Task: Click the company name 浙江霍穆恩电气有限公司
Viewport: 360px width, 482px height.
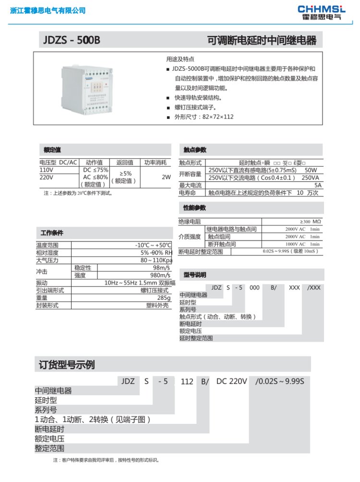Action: tap(48, 11)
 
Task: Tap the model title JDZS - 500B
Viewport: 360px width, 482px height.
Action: tap(70, 40)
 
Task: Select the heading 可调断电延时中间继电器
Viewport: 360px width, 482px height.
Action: tap(262, 40)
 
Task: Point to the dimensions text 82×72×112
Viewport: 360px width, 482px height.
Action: tap(217, 117)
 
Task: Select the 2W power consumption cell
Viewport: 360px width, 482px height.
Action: tap(166, 177)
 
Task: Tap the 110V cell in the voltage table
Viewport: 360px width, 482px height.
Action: tap(46, 170)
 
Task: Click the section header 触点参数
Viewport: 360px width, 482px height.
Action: tap(194, 149)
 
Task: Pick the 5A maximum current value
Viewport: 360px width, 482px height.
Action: tap(317, 185)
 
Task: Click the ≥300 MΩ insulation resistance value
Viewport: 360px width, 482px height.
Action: tap(310, 222)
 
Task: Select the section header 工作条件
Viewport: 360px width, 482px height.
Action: tap(52, 233)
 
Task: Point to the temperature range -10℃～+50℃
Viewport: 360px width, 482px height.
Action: tap(153, 245)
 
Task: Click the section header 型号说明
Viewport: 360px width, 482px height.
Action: tap(194, 275)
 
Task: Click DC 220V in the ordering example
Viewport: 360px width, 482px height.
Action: tap(231, 382)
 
